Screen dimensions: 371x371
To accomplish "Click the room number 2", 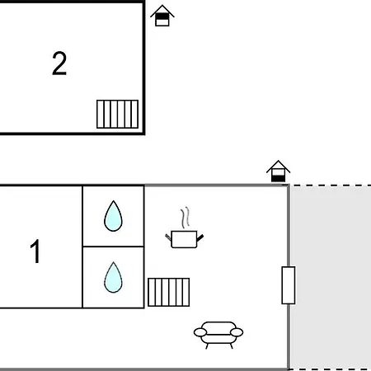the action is click(x=59, y=63).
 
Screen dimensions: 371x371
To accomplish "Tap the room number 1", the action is click(x=35, y=251).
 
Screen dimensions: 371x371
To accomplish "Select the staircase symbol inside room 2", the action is click(x=117, y=114).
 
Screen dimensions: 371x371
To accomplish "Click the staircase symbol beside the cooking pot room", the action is click(x=169, y=292).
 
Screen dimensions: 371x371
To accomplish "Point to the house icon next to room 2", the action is click(x=162, y=16).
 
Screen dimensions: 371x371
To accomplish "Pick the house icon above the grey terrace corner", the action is click(x=278, y=171).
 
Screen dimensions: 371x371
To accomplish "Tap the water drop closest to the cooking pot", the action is click(x=113, y=216).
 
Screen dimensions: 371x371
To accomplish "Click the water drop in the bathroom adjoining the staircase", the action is click(x=113, y=277).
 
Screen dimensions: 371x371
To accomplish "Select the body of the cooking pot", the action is click(x=184, y=239).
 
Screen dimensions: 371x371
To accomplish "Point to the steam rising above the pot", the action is click(x=185, y=218).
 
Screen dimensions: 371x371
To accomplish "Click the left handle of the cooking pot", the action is click(x=168, y=237).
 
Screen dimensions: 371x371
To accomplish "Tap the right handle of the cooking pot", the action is click(x=200, y=238).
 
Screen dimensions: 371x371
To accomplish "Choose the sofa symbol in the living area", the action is click(x=218, y=335).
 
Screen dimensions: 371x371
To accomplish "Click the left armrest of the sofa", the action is click(x=200, y=332).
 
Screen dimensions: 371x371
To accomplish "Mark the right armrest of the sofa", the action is click(x=237, y=332).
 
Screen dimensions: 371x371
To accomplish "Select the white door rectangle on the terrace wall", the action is click(x=289, y=285).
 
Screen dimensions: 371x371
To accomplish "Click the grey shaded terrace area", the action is click(x=331, y=278).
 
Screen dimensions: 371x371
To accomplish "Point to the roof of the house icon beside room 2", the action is click(x=162, y=11).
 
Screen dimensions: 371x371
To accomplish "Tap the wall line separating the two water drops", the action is click(x=113, y=247).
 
